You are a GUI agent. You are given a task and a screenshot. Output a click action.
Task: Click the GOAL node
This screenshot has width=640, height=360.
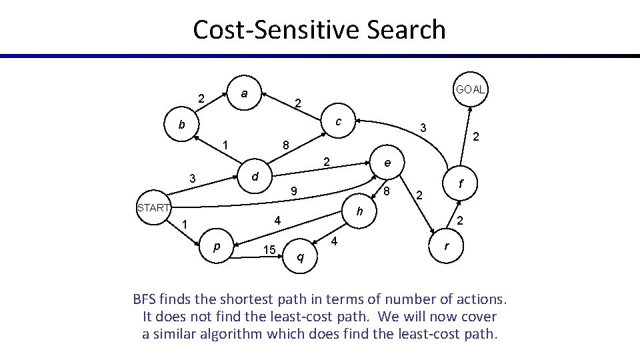click(x=471, y=89)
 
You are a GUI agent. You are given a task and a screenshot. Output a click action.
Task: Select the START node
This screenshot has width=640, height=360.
click(x=153, y=207)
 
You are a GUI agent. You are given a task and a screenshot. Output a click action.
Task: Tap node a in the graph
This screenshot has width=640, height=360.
click(x=245, y=94)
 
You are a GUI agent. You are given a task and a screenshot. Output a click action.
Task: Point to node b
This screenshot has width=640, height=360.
click(x=181, y=125)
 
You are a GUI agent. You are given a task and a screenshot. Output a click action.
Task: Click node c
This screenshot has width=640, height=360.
click(x=339, y=121)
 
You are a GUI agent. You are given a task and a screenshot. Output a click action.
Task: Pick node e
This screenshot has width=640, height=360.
click(x=387, y=163)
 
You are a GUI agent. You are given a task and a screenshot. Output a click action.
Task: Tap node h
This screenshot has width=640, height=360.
click(x=359, y=211)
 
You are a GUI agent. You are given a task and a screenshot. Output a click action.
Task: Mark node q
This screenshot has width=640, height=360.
click(x=301, y=257)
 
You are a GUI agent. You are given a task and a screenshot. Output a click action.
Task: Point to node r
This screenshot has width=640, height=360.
click(x=446, y=246)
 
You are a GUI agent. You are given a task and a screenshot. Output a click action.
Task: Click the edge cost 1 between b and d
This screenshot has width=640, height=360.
click(x=226, y=145)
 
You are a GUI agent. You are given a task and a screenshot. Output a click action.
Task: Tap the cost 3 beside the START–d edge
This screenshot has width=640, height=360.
click(x=192, y=179)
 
